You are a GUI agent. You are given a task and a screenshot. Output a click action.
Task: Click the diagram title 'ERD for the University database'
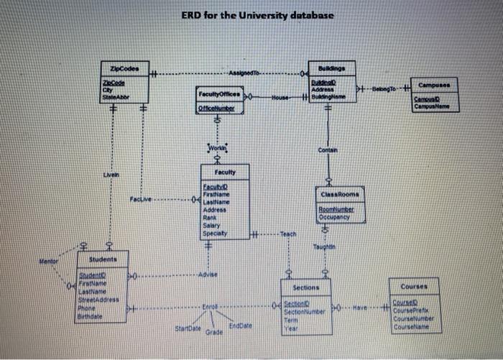coord(257,15)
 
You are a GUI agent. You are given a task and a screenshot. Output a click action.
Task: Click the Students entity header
coord(103,257)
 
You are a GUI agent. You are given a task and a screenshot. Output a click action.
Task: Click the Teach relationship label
coord(288,234)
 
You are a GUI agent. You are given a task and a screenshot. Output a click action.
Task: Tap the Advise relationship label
coord(208,275)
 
